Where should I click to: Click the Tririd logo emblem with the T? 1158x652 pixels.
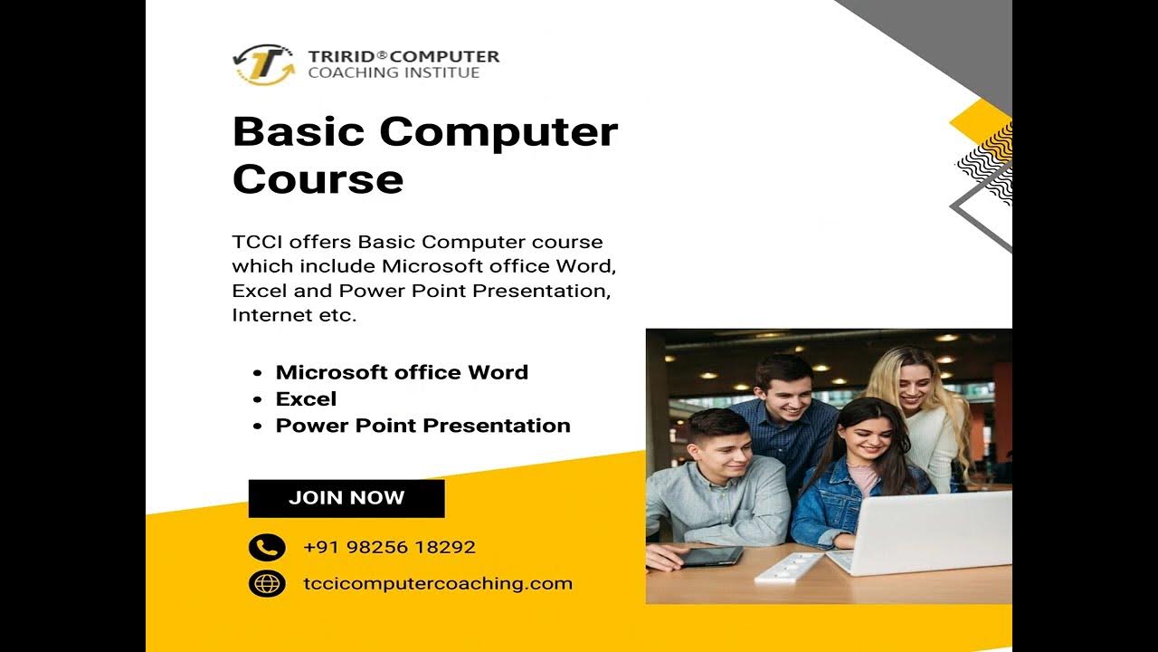click(x=263, y=64)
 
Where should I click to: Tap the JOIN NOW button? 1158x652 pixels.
click(x=346, y=498)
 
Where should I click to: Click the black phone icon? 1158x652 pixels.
click(x=267, y=547)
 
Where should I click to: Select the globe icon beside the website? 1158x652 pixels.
click(x=267, y=583)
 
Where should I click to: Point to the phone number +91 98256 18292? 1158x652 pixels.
click(x=389, y=547)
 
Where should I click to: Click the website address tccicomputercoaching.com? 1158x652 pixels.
click(x=438, y=583)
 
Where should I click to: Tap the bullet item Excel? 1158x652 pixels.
click(x=306, y=398)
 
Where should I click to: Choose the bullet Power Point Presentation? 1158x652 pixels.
click(x=422, y=426)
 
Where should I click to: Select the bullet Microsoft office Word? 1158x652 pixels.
click(x=402, y=372)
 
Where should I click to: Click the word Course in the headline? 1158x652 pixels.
click(x=318, y=178)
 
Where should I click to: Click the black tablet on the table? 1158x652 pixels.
click(x=710, y=555)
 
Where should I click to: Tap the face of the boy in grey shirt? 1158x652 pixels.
click(x=721, y=447)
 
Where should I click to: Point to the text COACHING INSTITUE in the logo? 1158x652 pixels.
click(x=394, y=72)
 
